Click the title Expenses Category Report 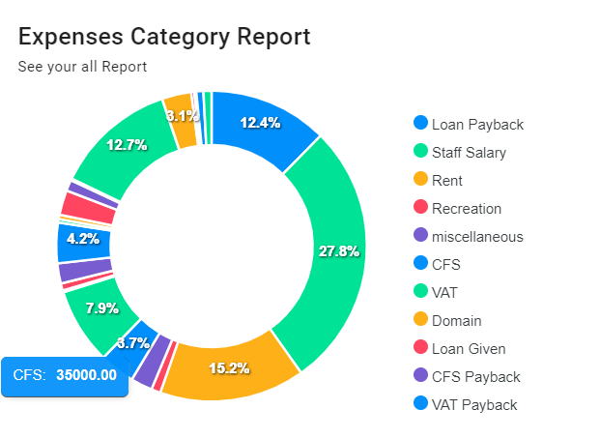(x=164, y=37)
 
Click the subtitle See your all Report (x=82, y=67)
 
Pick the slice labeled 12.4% (x=260, y=124)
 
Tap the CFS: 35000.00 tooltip (x=66, y=375)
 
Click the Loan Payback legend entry (x=477, y=124)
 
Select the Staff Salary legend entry (x=469, y=152)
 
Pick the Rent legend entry (x=447, y=180)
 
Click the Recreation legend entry (x=467, y=208)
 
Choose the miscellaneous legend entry (x=477, y=236)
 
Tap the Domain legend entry (x=456, y=320)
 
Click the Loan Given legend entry (x=469, y=348)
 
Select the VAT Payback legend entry (x=474, y=404)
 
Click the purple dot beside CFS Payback (x=420, y=375)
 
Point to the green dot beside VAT (x=420, y=291)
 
